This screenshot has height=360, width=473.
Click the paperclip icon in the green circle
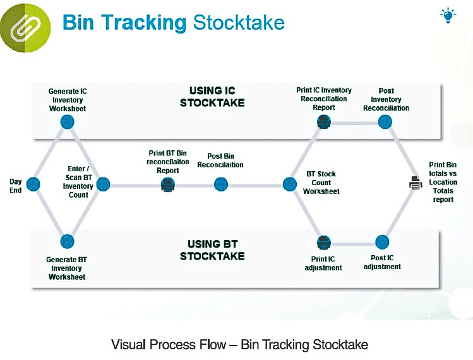(x=25, y=25)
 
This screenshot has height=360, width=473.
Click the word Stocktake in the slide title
(x=238, y=23)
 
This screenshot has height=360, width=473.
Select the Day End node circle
(x=33, y=184)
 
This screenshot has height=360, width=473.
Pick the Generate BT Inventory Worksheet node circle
(x=68, y=241)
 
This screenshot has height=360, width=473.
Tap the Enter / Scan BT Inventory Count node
(x=103, y=184)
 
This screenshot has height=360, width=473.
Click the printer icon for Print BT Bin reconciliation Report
(x=167, y=184)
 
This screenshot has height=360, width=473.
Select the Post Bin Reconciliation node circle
(x=220, y=184)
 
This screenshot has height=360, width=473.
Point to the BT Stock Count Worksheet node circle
(x=289, y=184)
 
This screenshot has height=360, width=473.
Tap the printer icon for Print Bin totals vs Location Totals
(x=416, y=184)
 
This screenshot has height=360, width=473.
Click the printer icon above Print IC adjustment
(x=323, y=242)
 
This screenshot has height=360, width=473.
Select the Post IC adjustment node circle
(x=382, y=242)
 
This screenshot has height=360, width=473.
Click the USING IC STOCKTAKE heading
(x=212, y=97)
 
